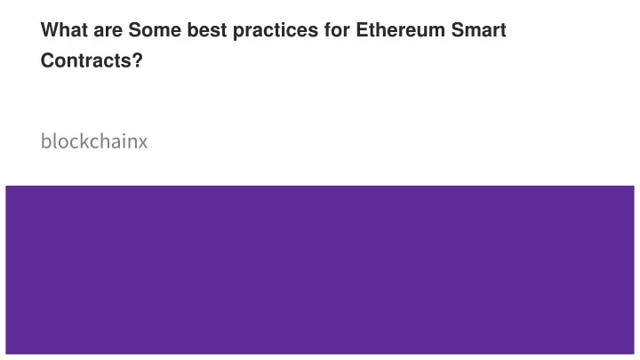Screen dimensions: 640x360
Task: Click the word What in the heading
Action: [64, 30]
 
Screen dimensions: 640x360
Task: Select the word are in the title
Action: [108, 32]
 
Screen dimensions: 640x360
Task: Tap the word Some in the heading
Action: [155, 30]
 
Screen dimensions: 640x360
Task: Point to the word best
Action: [206, 30]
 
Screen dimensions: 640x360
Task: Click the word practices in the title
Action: [276, 31]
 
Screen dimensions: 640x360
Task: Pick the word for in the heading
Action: [337, 30]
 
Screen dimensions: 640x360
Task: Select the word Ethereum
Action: [400, 30]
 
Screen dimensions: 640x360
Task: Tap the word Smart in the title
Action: [478, 30]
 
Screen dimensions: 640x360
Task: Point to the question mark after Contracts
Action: [138, 60]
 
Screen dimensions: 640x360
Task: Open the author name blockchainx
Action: [94, 141]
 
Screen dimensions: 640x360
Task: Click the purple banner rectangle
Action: [320, 270]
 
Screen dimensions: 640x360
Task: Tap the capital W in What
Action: [50, 30]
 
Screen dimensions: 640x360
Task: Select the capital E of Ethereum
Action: [362, 30]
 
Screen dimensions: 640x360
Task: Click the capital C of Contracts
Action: [48, 60]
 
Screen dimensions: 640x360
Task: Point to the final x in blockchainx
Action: [142, 143]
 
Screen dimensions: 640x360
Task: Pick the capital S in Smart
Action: [458, 30]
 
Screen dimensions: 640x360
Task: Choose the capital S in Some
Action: [135, 30]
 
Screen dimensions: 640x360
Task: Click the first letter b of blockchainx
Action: [45, 141]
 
